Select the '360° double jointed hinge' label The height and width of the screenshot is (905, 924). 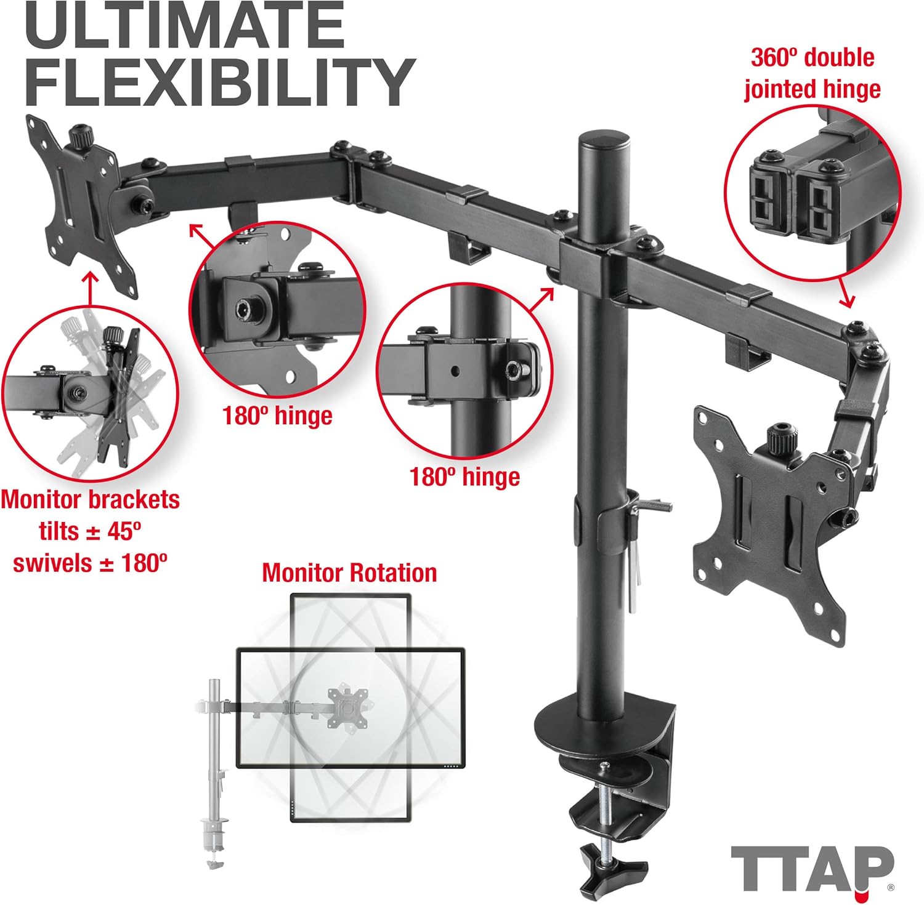[x=812, y=73]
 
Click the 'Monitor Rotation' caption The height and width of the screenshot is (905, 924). [x=349, y=573]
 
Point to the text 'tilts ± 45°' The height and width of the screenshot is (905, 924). [x=90, y=531]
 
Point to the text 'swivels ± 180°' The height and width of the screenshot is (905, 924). [x=90, y=563]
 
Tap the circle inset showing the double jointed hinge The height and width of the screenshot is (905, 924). [x=812, y=191]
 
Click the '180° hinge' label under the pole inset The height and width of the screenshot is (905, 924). [x=465, y=477]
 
